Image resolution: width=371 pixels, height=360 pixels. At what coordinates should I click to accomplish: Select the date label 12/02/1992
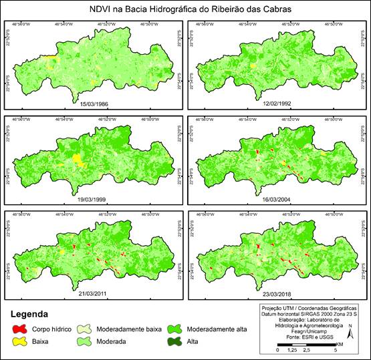275,104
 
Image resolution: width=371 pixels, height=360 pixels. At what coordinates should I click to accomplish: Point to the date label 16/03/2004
275,198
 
